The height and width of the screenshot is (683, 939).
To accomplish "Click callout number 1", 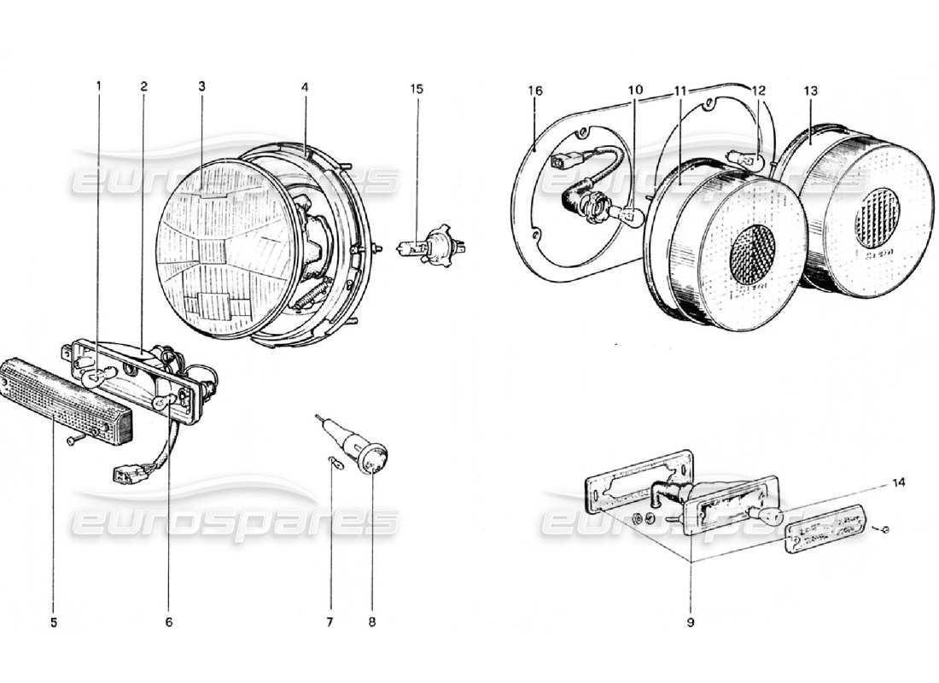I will [x=98, y=86].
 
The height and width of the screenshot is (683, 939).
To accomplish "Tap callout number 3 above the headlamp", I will [x=201, y=86].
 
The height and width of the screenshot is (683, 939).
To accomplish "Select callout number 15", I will [x=417, y=89].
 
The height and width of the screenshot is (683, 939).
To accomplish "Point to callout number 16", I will [x=535, y=90].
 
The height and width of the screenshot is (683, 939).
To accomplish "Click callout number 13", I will [x=810, y=90].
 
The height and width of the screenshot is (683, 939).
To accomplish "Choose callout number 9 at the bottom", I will [x=691, y=622].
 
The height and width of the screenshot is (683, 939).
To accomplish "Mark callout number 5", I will [x=54, y=622].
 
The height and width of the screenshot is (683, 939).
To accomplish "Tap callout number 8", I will [x=372, y=622].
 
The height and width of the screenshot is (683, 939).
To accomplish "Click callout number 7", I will [x=330, y=622].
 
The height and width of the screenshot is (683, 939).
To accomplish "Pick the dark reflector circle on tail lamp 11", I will [x=753, y=254].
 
